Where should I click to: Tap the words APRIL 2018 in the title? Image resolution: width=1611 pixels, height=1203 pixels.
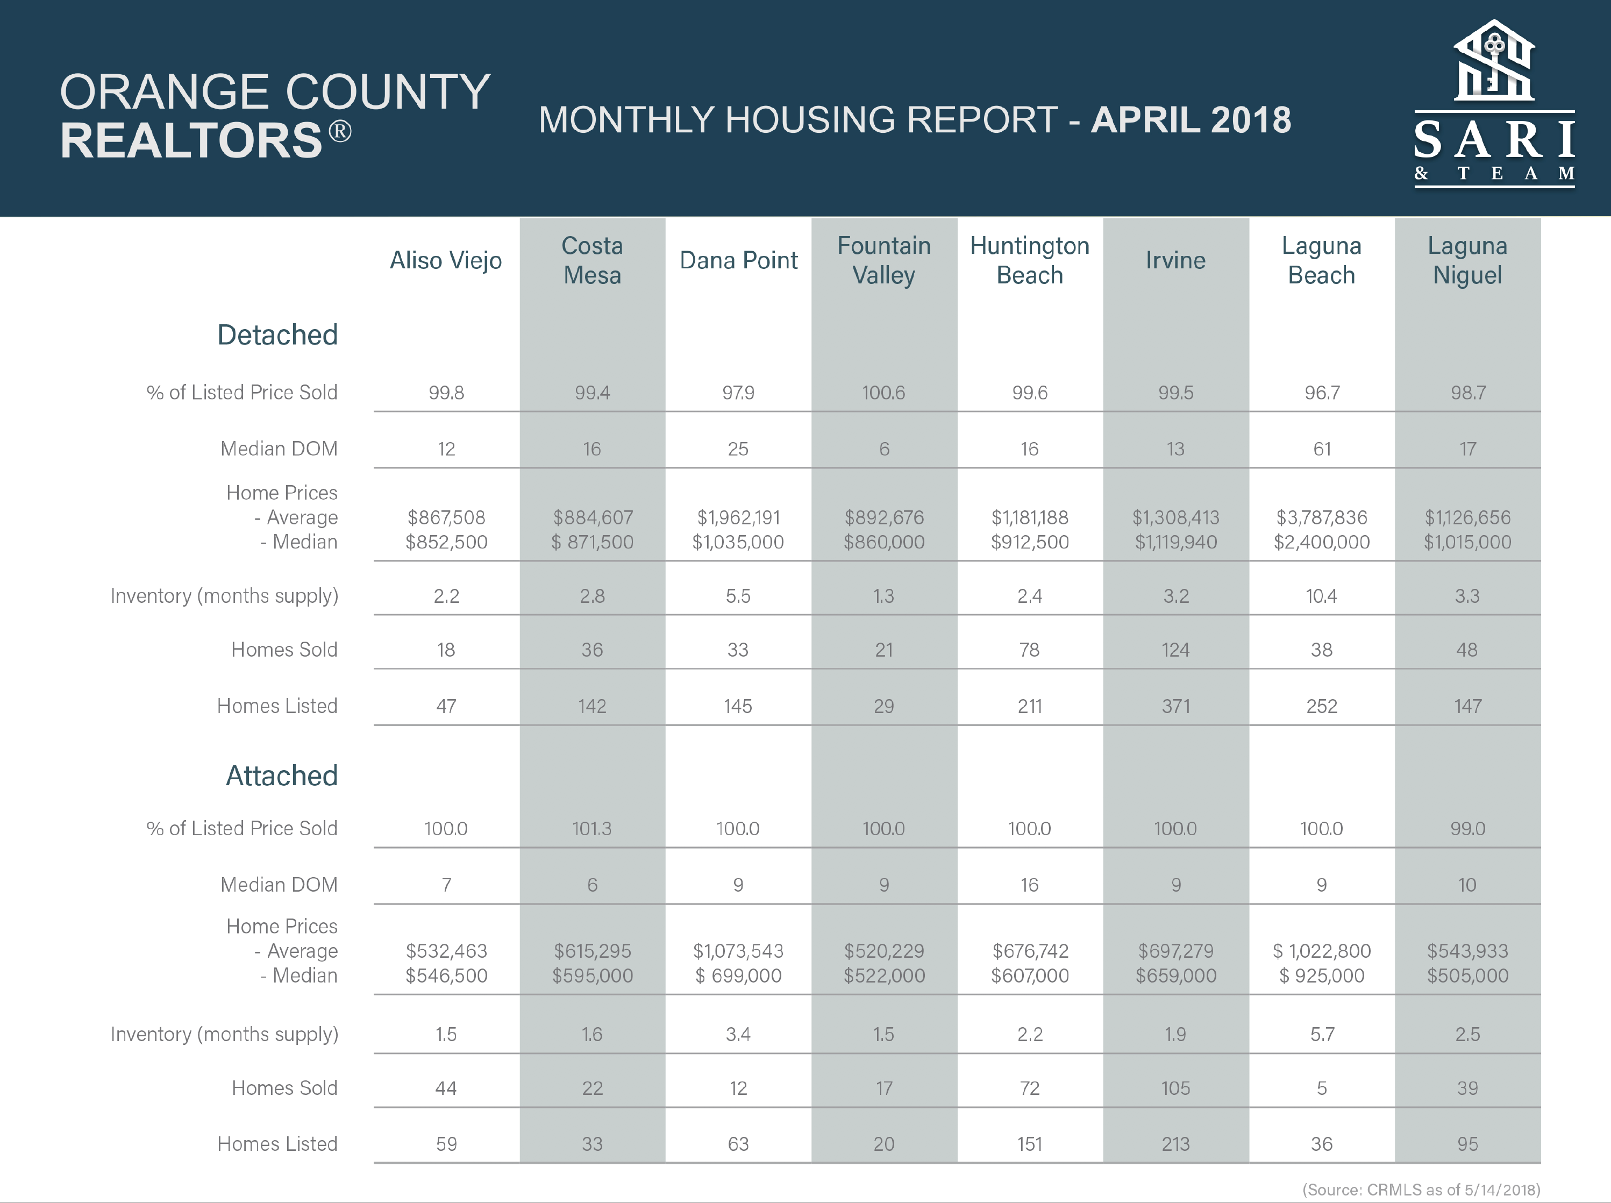tap(1191, 120)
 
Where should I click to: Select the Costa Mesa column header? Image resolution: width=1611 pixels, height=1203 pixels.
tap(593, 260)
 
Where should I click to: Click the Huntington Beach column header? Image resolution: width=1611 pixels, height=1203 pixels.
tap(1029, 260)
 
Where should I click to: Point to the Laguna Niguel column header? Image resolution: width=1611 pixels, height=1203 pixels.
tap(1467, 260)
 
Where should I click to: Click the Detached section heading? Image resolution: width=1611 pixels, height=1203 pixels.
tap(277, 335)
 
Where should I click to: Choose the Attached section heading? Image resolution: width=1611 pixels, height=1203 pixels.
tap(282, 775)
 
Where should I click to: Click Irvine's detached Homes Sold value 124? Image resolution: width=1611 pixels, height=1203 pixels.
tap(1175, 650)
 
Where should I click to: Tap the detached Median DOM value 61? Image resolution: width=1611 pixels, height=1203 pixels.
tap(1322, 449)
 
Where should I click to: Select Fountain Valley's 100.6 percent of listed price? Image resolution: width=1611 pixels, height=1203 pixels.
tap(884, 393)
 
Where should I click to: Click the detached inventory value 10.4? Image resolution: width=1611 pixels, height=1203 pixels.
tap(1321, 596)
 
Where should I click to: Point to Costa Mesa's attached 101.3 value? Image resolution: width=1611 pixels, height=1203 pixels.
tap(592, 829)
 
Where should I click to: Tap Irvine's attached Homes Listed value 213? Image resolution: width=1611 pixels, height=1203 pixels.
tap(1175, 1144)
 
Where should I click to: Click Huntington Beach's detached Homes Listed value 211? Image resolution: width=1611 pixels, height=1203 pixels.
tap(1029, 706)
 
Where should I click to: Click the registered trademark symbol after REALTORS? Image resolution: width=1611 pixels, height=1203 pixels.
tap(340, 132)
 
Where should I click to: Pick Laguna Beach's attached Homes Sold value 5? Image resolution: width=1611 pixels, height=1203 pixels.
tap(1322, 1088)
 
